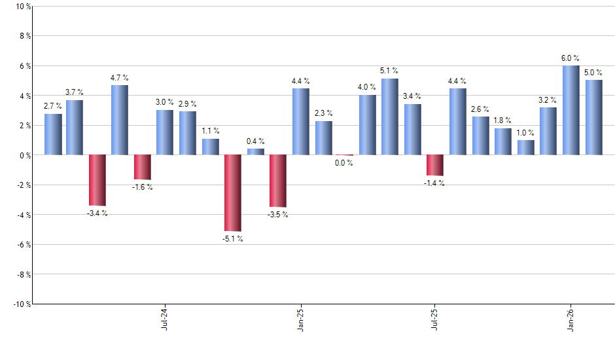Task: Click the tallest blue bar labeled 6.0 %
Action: (x=571, y=110)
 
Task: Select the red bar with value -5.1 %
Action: (x=233, y=193)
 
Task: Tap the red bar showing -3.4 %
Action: (x=97, y=180)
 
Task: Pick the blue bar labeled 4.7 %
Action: (x=120, y=120)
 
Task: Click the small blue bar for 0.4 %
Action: (x=256, y=152)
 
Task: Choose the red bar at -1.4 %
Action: (x=435, y=165)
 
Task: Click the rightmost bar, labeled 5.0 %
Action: (x=593, y=117)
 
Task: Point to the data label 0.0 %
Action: (x=344, y=163)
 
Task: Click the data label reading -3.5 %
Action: (x=278, y=215)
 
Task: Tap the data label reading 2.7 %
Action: (x=53, y=106)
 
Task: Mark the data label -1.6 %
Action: (x=143, y=187)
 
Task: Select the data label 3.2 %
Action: (x=548, y=100)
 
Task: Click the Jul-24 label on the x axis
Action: (x=164, y=319)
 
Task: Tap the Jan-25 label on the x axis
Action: (x=300, y=319)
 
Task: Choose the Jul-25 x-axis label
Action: (x=435, y=319)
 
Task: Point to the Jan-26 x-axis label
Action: (x=571, y=319)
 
